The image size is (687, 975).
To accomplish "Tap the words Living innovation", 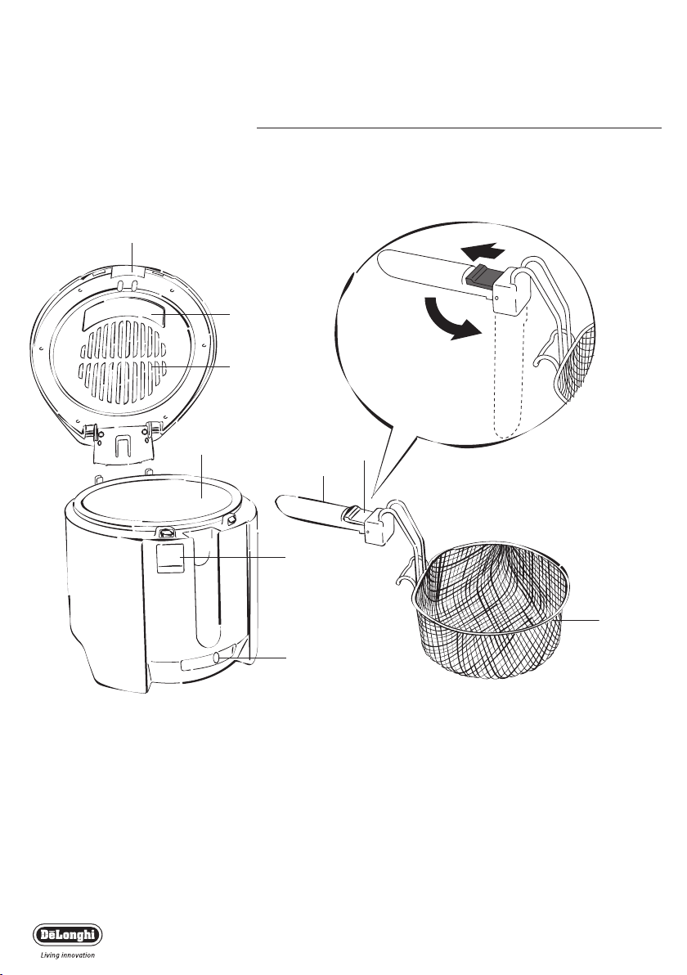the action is pyautogui.click(x=68, y=955).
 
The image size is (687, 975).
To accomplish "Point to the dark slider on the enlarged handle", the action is pyautogui.click(x=479, y=274).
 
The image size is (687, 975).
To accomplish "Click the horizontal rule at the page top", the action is pyautogui.click(x=459, y=128).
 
